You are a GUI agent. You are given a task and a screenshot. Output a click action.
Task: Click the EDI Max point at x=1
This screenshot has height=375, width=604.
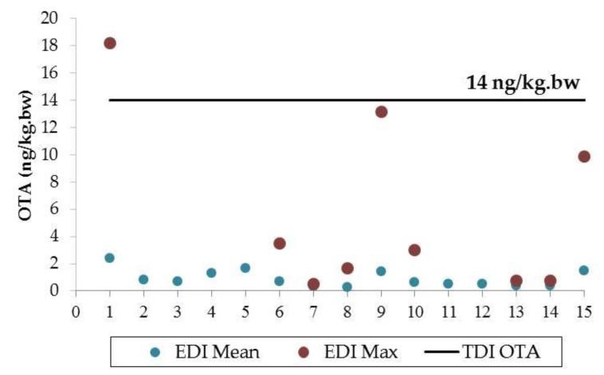coord(110,43)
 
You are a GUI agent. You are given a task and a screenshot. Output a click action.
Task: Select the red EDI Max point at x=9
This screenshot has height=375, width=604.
coord(381,111)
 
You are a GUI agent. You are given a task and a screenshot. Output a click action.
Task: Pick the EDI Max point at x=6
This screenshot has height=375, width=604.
coord(280,243)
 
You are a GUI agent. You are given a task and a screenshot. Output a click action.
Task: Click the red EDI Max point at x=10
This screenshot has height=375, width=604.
coord(414,250)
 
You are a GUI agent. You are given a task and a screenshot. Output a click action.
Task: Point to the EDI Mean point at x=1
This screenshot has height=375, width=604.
coord(110,258)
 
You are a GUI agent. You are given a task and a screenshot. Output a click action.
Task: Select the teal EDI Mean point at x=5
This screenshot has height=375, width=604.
coord(245,268)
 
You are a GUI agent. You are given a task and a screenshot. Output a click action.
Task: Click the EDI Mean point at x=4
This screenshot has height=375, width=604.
coord(211,272)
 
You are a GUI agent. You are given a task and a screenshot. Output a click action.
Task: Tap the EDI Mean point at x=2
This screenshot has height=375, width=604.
coord(143,279)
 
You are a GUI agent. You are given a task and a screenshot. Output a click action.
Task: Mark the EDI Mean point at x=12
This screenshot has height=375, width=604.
coord(482,283)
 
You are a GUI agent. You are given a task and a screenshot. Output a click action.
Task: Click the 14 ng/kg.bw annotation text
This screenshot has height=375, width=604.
coord(525,83)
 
